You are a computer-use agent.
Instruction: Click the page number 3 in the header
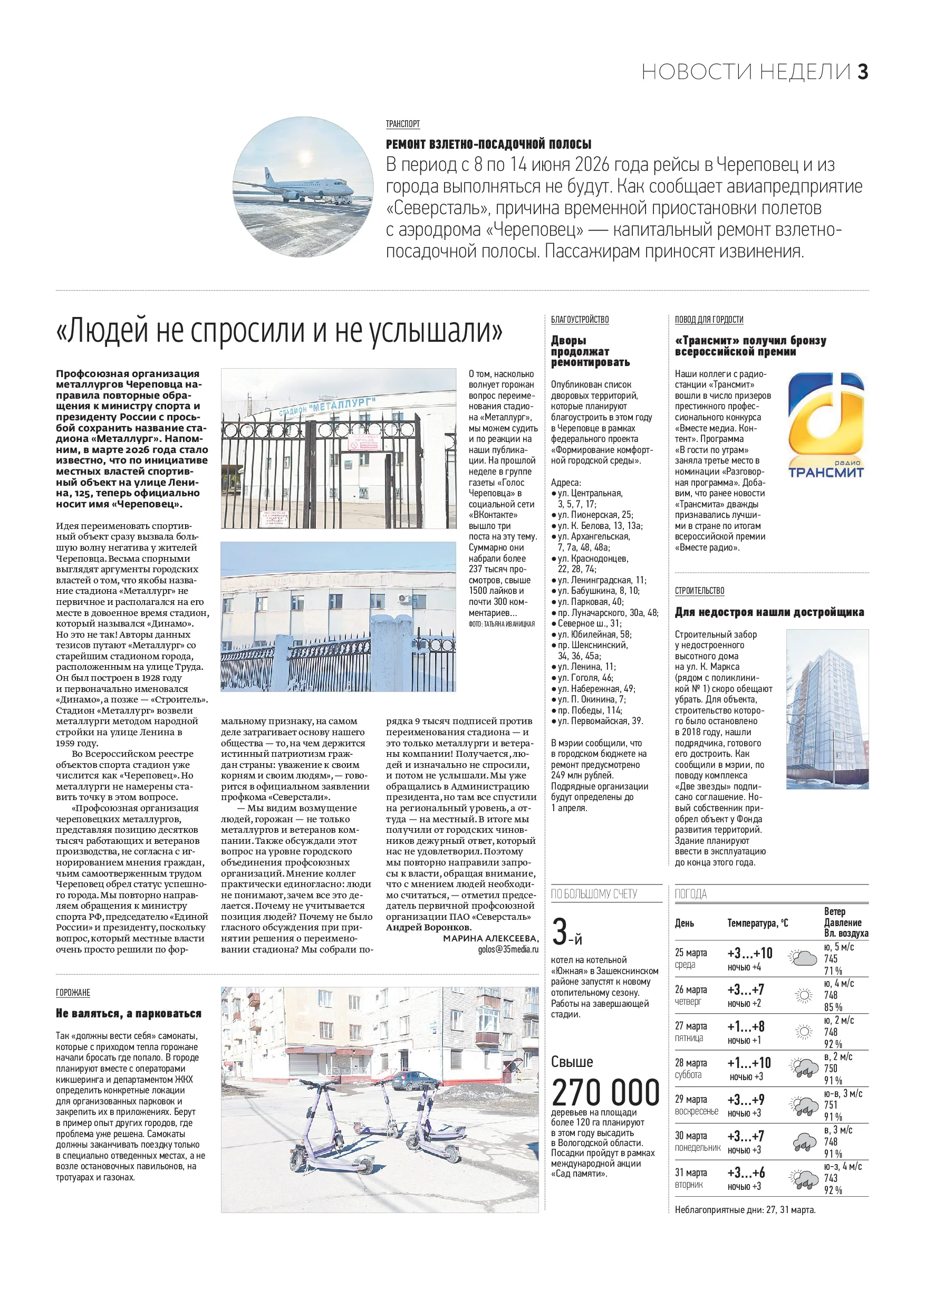pos(863,72)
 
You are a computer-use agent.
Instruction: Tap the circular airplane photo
pos(303,187)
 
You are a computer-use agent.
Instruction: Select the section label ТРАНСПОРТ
pos(403,123)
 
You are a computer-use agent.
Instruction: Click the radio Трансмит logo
pos(825,425)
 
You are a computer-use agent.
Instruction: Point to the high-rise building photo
pos(827,709)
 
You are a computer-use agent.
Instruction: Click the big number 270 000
pos(605,1093)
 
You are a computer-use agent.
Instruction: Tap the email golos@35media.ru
pos(508,949)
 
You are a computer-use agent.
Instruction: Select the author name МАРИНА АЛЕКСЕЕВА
pos(490,938)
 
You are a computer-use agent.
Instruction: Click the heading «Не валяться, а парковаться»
pos(129,1013)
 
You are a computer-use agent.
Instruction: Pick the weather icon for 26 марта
pos(803,995)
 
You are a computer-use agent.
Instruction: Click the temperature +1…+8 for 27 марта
pos(746,1026)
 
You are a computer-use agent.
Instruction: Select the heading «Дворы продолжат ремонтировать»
pos(590,351)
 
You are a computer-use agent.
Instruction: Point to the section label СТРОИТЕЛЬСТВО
pos(699,591)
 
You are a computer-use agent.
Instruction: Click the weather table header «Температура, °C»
pos(757,923)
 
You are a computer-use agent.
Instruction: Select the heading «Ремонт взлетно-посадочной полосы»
pos(488,143)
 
